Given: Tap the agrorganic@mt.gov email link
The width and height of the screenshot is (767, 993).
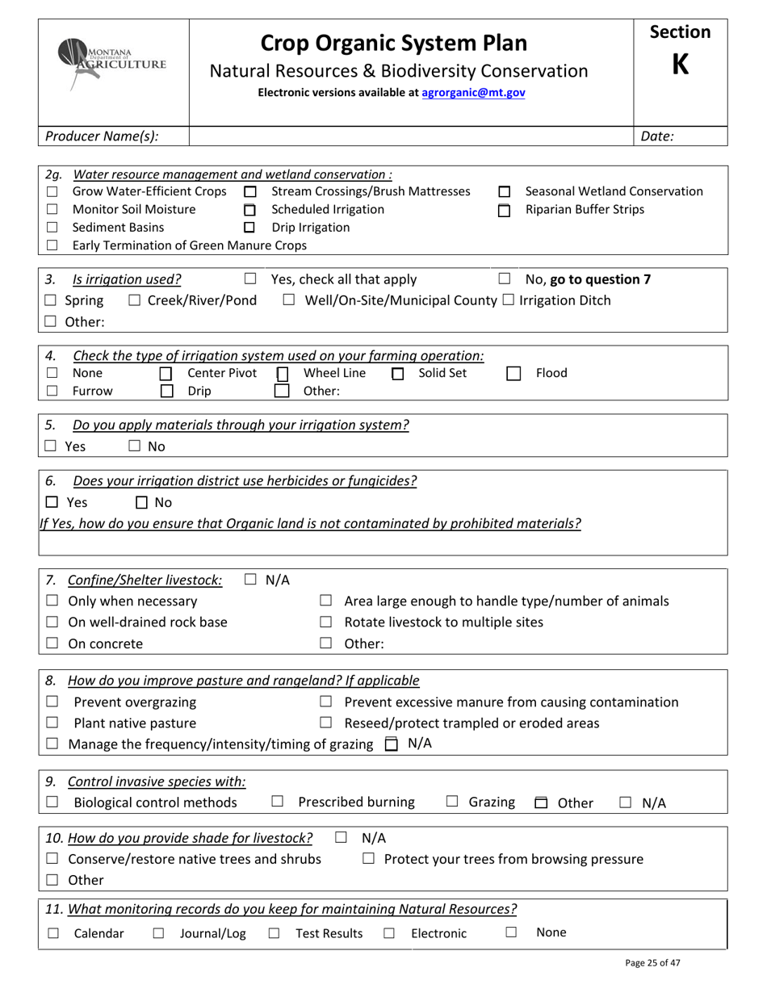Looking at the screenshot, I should tap(473, 93).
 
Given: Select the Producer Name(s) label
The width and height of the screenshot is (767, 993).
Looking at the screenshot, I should tap(102, 136).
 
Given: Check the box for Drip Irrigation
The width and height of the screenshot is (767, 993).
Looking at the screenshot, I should tap(249, 228).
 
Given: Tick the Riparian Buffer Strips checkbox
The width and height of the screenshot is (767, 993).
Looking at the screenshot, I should tap(504, 211).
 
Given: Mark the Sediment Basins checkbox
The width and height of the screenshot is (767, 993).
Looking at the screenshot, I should tap(52, 228).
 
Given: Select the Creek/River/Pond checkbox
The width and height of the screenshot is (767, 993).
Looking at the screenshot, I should tap(135, 301).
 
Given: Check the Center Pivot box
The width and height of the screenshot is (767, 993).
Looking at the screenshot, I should tap(166, 374).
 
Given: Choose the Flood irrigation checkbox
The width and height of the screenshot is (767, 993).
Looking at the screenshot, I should tap(513, 374).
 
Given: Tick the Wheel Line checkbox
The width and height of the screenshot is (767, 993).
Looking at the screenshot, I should tap(282, 374).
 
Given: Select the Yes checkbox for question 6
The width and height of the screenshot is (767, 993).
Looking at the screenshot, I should tap(51, 503).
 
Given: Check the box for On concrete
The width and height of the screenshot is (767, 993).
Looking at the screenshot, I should tap(52, 644).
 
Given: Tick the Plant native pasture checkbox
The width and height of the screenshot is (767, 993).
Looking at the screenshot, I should tap(52, 723).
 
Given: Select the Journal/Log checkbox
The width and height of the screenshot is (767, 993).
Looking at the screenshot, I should tap(158, 934).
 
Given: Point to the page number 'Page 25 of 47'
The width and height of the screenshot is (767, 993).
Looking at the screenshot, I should tap(658, 962).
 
